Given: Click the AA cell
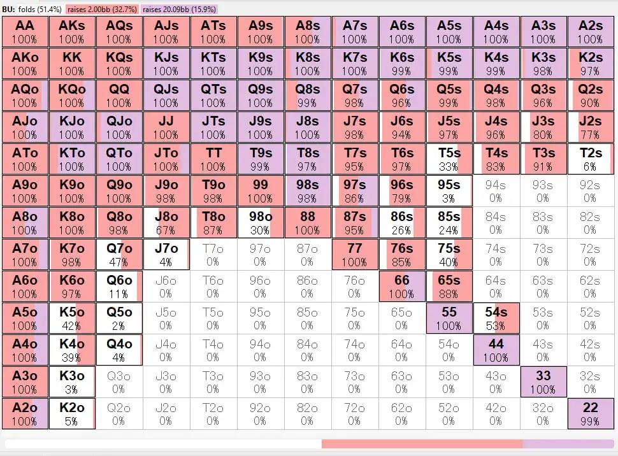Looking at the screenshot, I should (x=24, y=31).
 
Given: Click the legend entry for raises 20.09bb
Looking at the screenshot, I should (x=180, y=9).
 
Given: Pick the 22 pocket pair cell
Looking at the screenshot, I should (x=590, y=413).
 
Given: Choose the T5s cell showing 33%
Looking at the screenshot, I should (x=449, y=159).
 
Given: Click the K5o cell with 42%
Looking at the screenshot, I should (x=71, y=318).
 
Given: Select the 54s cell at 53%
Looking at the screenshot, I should (x=496, y=318).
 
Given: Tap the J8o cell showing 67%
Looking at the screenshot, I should (x=166, y=222).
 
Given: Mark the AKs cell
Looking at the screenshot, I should (x=71, y=31).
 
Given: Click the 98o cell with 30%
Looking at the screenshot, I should (x=260, y=222).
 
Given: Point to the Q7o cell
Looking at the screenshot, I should (x=119, y=254).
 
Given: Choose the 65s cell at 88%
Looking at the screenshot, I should (x=449, y=286).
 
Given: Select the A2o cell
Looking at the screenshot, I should (x=24, y=413).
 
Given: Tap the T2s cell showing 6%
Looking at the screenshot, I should (x=590, y=159).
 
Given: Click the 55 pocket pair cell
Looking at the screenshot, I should (x=449, y=318).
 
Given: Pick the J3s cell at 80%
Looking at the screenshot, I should (x=543, y=127).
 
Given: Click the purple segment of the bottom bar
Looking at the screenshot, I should (x=568, y=444).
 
